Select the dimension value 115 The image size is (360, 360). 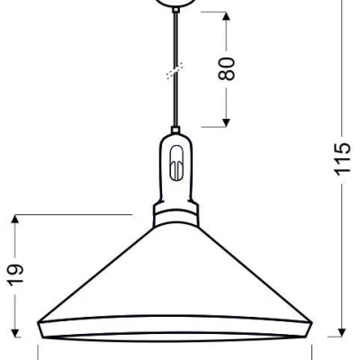click(341, 160)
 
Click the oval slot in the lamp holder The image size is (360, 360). click(175, 167)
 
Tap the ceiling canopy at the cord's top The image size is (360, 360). click(175, 4)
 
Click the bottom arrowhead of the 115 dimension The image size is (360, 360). click(340, 333)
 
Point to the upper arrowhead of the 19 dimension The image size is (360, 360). click(16, 221)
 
